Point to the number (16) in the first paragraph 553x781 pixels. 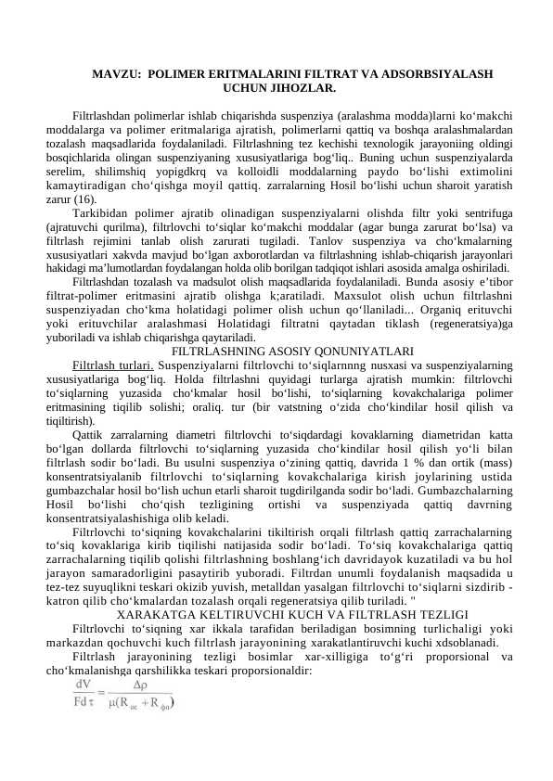pyautogui.click(x=85, y=199)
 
